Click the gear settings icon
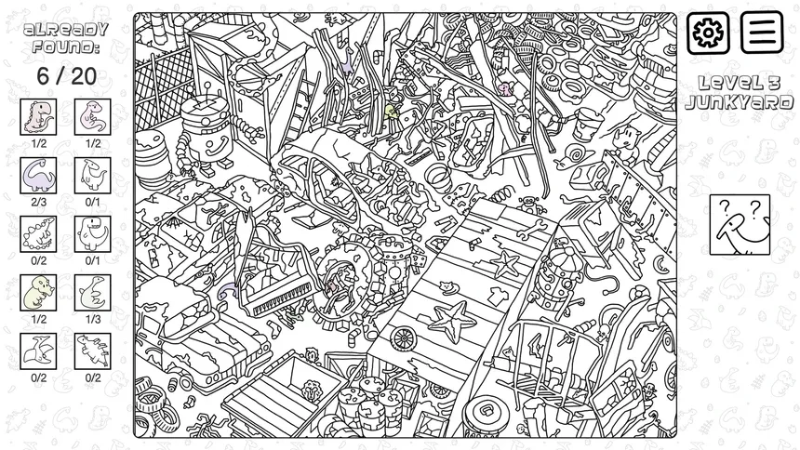coord(708,33)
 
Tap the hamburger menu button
coord(762,33)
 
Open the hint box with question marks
coord(740,224)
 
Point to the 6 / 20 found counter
coord(66,76)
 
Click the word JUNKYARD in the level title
coord(740,102)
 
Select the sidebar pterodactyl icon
coord(38,351)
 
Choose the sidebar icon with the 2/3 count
coord(38,176)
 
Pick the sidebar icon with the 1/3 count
coord(92,293)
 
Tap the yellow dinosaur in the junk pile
coord(392,112)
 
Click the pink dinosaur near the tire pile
coord(505,89)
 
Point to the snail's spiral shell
coord(578,152)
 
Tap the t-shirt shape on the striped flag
coord(497,296)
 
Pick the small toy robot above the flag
coord(530,205)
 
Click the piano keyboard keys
coord(282,298)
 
